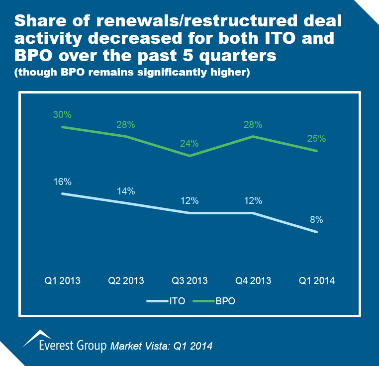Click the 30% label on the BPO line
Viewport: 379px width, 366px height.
[62, 114]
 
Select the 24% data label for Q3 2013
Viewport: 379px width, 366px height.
[189, 143]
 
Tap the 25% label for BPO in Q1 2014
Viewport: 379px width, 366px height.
[316, 138]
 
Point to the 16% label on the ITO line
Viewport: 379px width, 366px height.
[62, 182]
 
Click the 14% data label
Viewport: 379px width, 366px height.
[126, 191]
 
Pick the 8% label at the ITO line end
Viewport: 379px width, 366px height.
[316, 220]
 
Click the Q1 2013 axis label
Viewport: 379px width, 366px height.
[62, 280]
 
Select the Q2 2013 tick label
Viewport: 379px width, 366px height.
[126, 280]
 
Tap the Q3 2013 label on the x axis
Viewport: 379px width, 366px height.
[189, 280]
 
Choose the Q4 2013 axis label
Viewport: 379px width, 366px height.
[253, 280]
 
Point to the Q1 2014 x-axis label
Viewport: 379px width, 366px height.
[317, 280]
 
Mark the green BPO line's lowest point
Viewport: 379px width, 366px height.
[189, 156]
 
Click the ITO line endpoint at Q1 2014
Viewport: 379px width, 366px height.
[317, 232]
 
